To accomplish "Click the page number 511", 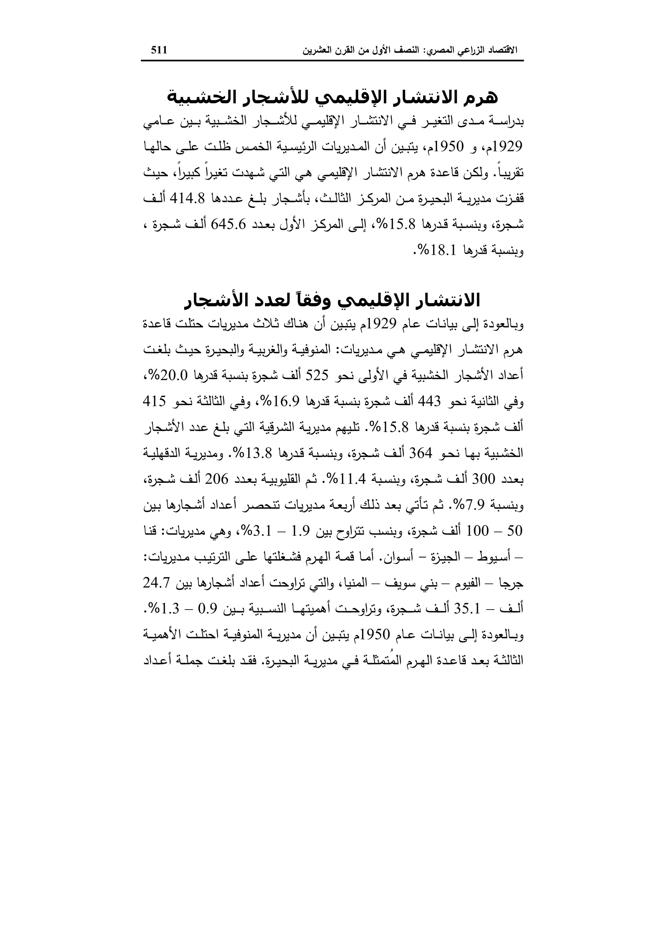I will pyautogui.click(x=159, y=50).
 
